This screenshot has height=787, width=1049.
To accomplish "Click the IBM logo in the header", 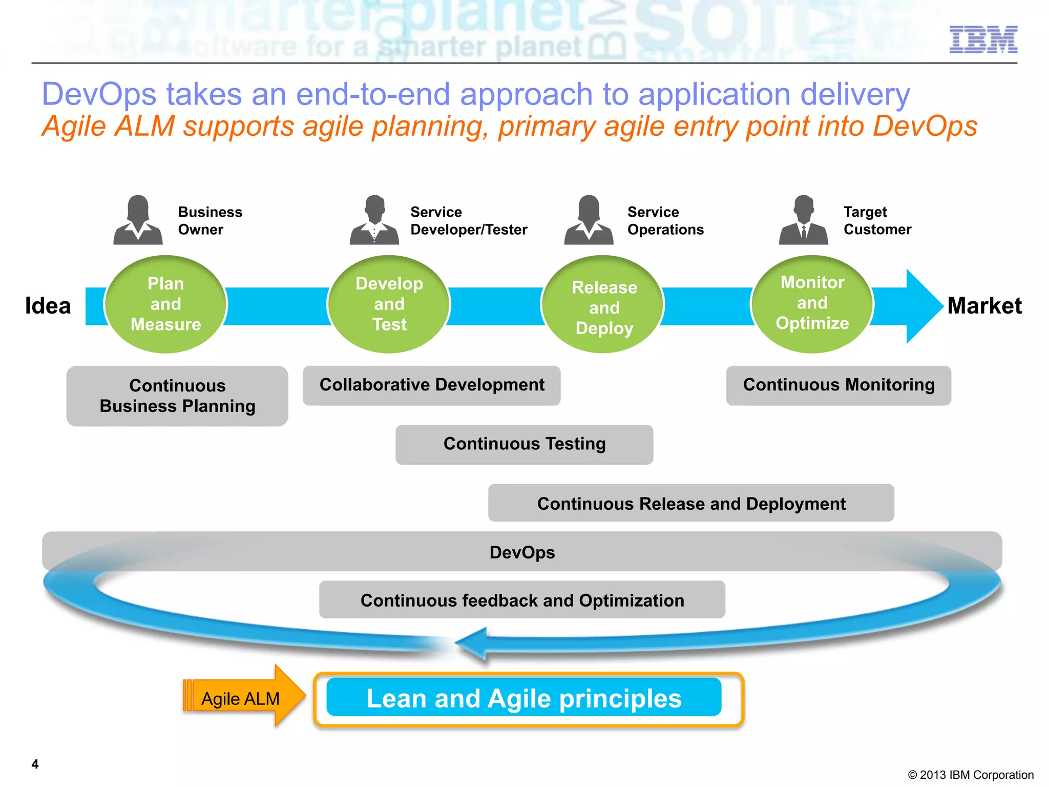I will click(983, 39).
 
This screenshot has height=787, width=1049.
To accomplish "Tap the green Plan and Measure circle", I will click(165, 304).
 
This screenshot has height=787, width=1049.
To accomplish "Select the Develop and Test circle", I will click(389, 304).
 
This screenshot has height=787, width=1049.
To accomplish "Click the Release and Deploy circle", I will click(603, 305).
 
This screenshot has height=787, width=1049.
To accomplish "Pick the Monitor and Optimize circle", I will click(812, 303).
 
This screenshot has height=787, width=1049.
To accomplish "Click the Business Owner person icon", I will click(138, 220).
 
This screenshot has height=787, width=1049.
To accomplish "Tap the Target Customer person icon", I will click(803, 220).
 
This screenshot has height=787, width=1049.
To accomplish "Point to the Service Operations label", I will click(665, 221).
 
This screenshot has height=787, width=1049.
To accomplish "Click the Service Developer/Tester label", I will click(468, 221).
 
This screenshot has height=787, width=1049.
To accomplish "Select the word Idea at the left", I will click(48, 306).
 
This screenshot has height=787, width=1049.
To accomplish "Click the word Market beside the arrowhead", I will click(984, 306).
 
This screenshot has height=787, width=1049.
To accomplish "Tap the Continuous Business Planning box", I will click(177, 396).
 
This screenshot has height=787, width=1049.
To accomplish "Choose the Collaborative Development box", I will click(431, 385).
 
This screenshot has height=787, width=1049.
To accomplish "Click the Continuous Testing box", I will click(524, 444).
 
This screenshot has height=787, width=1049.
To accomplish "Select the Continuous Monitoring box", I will click(838, 385).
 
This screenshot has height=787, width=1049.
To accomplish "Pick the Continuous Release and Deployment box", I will click(690, 503).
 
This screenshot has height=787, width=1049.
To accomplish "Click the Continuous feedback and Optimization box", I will click(521, 599).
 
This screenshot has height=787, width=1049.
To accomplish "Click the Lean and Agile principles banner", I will click(523, 698).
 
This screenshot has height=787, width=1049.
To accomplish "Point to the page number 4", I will click(35, 764).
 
